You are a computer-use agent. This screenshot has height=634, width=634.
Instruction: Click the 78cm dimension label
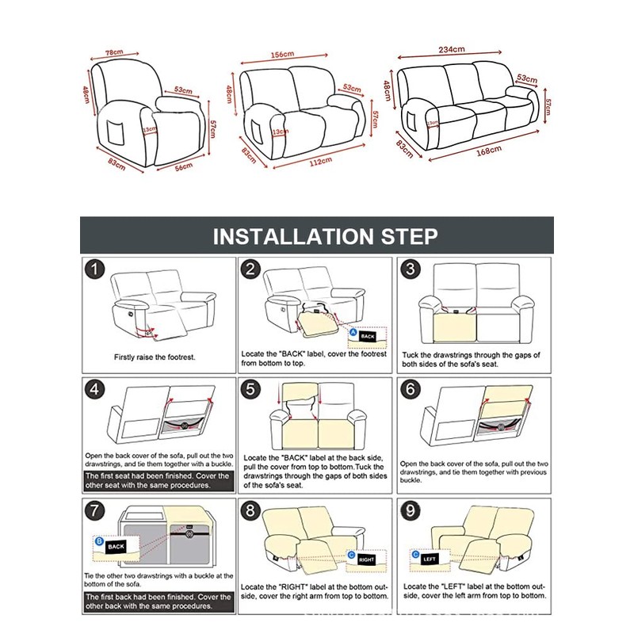pyautogui.click(x=114, y=52)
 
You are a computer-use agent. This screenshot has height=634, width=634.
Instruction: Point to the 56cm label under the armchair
pyautogui.click(x=185, y=167)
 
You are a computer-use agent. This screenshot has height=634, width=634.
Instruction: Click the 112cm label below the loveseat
pyautogui.click(x=319, y=162)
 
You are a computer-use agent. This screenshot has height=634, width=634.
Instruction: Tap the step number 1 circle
pyautogui.click(x=94, y=271)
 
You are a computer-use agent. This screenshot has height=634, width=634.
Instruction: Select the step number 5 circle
pyautogui.click(x=250, y=389)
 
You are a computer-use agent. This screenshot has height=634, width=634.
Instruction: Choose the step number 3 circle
pyautogui.click(x=410, y=269)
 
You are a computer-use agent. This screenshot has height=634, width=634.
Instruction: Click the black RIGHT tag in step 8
pyautogui.click(x=365, y=560)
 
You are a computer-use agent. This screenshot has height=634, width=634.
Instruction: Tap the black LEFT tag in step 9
pyautogui.click(x=430, y=559)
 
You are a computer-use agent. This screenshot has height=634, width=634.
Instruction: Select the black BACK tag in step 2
pyautogui.click(x=368, y=336)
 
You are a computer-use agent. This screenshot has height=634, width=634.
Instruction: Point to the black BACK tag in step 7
pyautogui.click(x=116, y=547)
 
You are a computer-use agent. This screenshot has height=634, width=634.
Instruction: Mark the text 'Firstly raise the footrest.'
pyautogui.click(x=155, y=357)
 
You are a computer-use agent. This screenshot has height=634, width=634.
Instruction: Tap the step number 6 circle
pyautogui.click(x=410, y=389)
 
